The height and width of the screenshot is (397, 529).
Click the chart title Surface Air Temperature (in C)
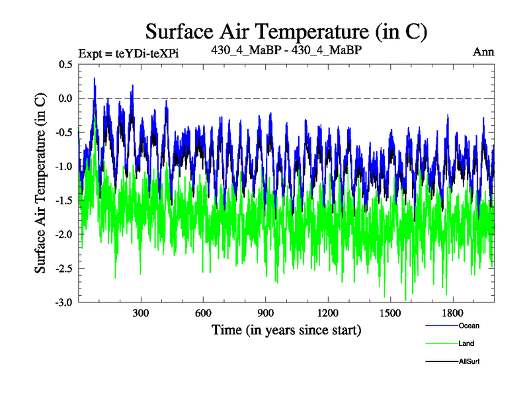pos(286,31)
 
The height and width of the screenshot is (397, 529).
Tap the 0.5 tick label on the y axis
pos(65,65)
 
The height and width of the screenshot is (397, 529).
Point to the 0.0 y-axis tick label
pos(65,99)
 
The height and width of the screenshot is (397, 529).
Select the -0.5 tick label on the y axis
pos(63,132)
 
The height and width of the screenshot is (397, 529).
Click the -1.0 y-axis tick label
pos(63,167)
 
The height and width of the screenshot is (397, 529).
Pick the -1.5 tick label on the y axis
pos(63,200)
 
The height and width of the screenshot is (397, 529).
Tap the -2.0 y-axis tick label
pos(63,234)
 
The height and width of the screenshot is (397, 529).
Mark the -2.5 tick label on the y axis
pos(63,269)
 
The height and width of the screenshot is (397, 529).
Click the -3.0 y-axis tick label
pos(63,302)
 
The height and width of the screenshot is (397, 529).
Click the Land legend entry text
pos(466,343)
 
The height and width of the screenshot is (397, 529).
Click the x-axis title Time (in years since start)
pos(286,330)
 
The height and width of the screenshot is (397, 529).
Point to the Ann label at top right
pos(483,52)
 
